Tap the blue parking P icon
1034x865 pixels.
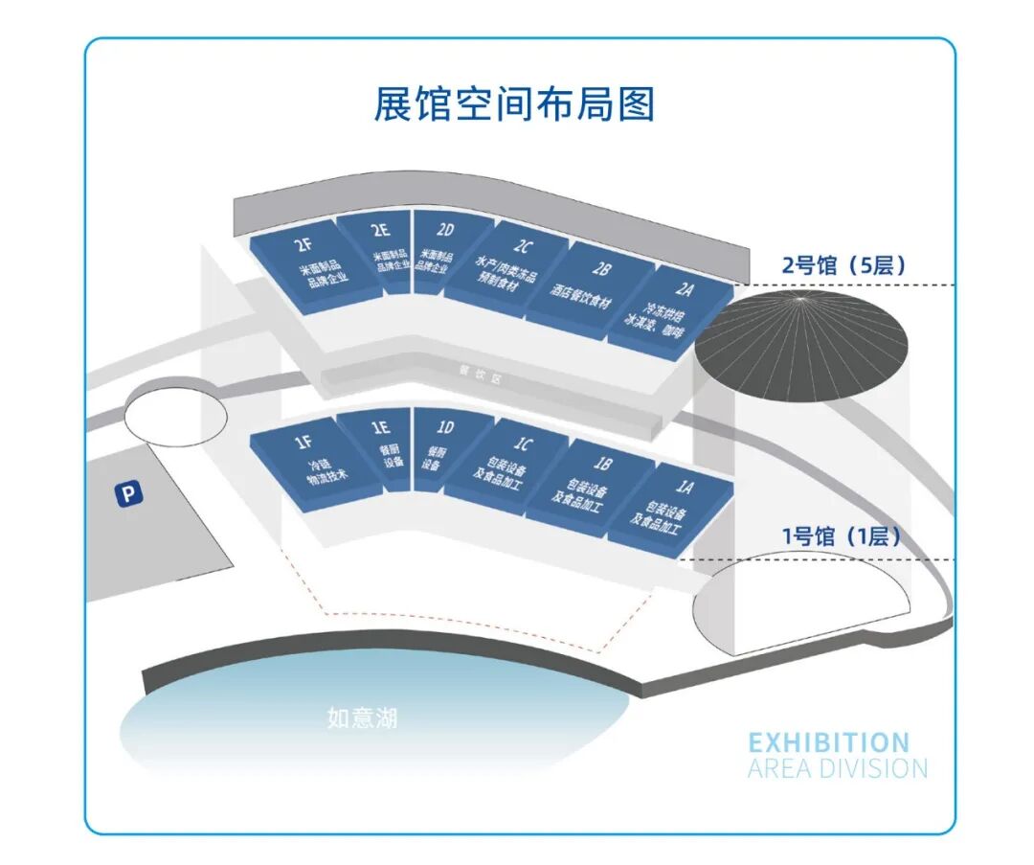click(128, 494)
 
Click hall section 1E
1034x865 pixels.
click(385, 447)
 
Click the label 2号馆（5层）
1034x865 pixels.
click(843, 265)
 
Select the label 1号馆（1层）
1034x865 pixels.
click(843, 536)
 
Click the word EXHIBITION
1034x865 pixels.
click(829, 742)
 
